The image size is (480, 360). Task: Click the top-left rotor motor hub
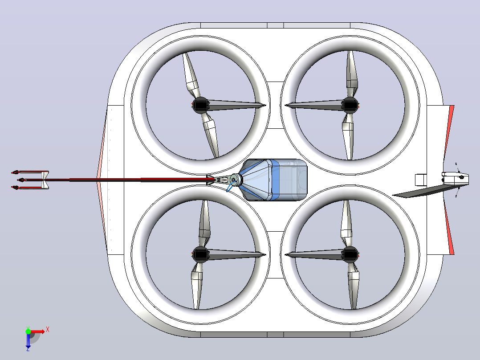click(x=200, y=105)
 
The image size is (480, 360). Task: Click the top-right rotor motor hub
click(x=350, y=105)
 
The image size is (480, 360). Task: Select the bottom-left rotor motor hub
click(x=200, y=254)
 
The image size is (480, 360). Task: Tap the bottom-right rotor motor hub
click(x=350, y=254)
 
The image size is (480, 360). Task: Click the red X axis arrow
click(x=38, y=331)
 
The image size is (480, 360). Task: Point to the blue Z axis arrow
click(x=28, y=341)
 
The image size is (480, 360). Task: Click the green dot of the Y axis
click(x=28, y=331)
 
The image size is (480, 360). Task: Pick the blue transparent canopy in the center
click(x=273, y=180)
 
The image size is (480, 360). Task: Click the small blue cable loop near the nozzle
click(x=231, y=186)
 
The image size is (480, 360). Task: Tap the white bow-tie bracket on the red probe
click(x=45, y=180)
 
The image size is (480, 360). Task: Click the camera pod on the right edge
click(x=455, y=178)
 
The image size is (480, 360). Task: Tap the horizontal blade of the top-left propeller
click(x=236, y=105)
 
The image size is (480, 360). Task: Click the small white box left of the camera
click(x=421, y=180)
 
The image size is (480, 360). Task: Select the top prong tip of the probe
click(x=15, y=172)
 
